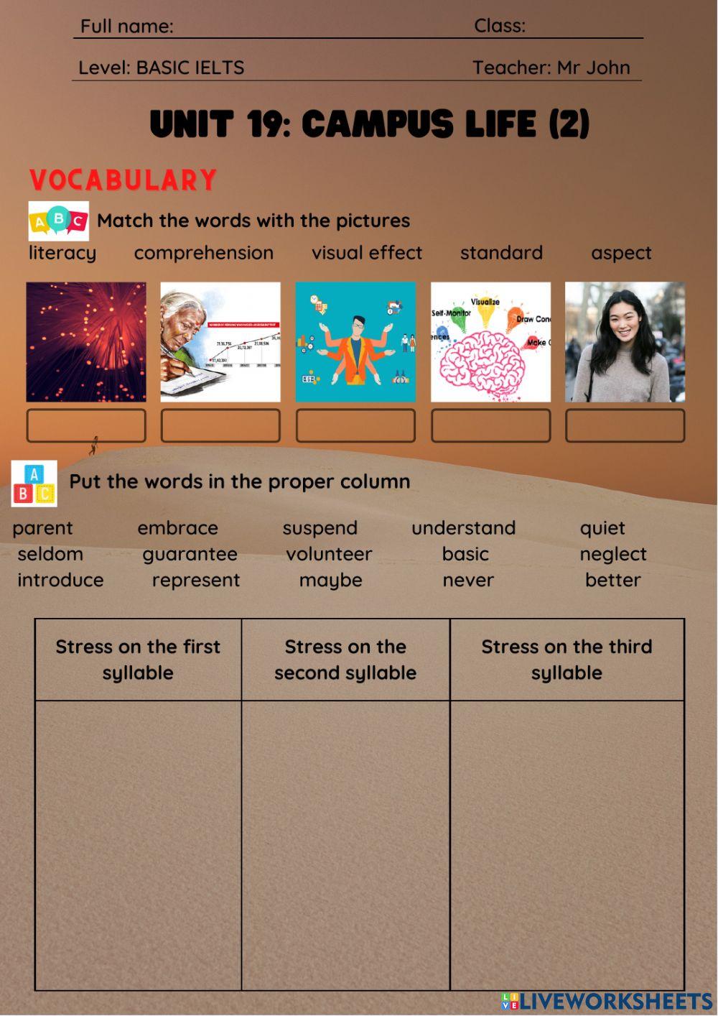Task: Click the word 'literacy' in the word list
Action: pos(62,253)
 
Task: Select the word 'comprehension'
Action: pos(203,253)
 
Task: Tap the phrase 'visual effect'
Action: pos(367,253)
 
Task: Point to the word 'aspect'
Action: pos(621,253)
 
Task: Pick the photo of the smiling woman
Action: pos(625,342)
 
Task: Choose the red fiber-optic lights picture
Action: pos(86,342)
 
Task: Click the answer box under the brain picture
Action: pos(490,425)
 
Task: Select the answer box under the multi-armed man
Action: pos(355,425)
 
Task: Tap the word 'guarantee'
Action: pos(190,554)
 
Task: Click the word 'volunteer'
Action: pos(329,554)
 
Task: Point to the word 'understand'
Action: pos(463,528)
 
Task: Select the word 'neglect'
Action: pos(612,554)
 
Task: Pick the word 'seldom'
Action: pos(50,554)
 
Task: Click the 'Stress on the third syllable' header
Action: pos(567,660)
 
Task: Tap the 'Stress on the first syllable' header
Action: pos(138,660)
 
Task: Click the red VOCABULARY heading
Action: pos(123,180)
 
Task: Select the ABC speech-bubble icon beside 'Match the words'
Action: pos(58,221)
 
